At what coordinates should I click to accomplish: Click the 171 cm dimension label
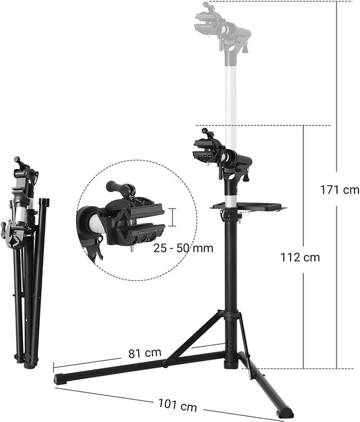pos(339,190)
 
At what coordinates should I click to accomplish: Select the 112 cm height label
pos(300,257)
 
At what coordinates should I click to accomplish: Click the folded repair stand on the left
pos(27,259)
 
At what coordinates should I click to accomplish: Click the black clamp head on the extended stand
pos(220,154)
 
